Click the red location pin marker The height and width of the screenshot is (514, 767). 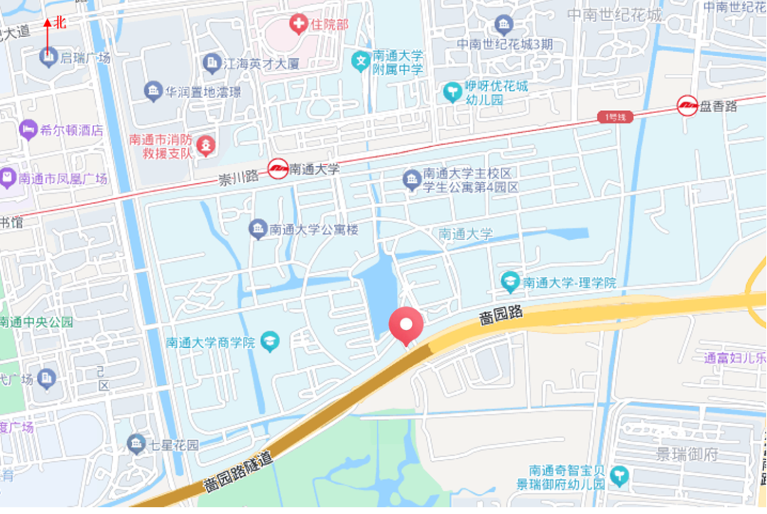406,326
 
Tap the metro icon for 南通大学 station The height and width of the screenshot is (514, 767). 278,169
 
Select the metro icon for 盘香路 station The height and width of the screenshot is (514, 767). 687,106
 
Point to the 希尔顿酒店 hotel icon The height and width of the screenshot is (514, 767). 28,130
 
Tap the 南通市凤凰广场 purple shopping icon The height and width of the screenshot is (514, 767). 8,178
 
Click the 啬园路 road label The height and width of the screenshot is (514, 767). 501,315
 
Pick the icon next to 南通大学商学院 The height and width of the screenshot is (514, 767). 270,342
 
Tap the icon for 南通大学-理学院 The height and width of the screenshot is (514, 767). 510,282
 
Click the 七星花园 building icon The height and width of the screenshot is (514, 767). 136,445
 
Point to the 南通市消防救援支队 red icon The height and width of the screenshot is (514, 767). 205,146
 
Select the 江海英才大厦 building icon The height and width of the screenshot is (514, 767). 211,63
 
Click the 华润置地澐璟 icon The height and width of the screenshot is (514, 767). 153,92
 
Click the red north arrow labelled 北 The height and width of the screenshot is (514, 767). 48,35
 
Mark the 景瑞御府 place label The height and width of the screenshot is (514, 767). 687,454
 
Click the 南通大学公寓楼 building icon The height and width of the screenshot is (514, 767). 257,229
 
